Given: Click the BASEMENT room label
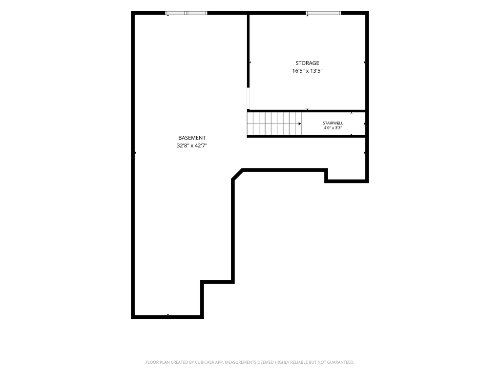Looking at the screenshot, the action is click(x=191, y=138).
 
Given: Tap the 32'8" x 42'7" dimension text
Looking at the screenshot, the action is click(x=192, y=146).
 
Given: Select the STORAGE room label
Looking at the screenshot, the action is click(x=307, y=63).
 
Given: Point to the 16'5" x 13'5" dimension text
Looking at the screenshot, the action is click(x=308, y=71).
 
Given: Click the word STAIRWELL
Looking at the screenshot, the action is click(x=333, y=123).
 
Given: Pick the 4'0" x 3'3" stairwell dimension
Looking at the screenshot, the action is click(x=333, y=128).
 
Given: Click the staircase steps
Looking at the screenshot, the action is click(x=274, y=124).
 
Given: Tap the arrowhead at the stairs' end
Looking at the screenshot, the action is click(x=300, y=124).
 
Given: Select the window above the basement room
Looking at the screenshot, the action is click(x=186, y=13).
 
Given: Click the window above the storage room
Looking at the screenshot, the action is click(x=323, y=13).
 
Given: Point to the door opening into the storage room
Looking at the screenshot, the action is click(x=249, y=98).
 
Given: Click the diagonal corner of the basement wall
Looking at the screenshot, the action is click(x=237, y=174).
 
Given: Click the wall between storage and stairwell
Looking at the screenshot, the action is click(x=306, y=111).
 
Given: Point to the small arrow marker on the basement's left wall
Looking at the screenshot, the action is click(x=135, y=153).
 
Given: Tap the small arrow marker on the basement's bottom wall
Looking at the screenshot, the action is click(x=168, y=315).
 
